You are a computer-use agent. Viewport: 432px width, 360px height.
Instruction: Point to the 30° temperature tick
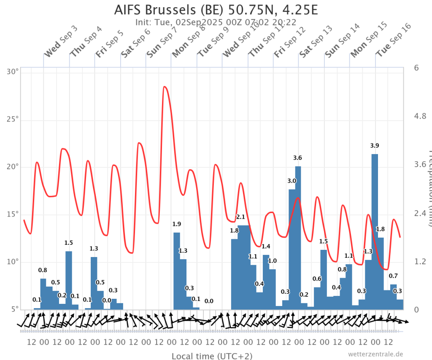tap(13, 72)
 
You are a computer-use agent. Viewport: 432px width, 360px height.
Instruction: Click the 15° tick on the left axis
tap(13, 214)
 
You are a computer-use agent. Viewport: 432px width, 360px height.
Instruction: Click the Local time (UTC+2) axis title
tap(212, 356)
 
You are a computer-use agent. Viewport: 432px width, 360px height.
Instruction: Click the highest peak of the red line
tap(165, 87)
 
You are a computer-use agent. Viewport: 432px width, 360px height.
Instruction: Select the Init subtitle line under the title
tap(216, 22)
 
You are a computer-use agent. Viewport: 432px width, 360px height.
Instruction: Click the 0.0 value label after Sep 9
tap(209, 301)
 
